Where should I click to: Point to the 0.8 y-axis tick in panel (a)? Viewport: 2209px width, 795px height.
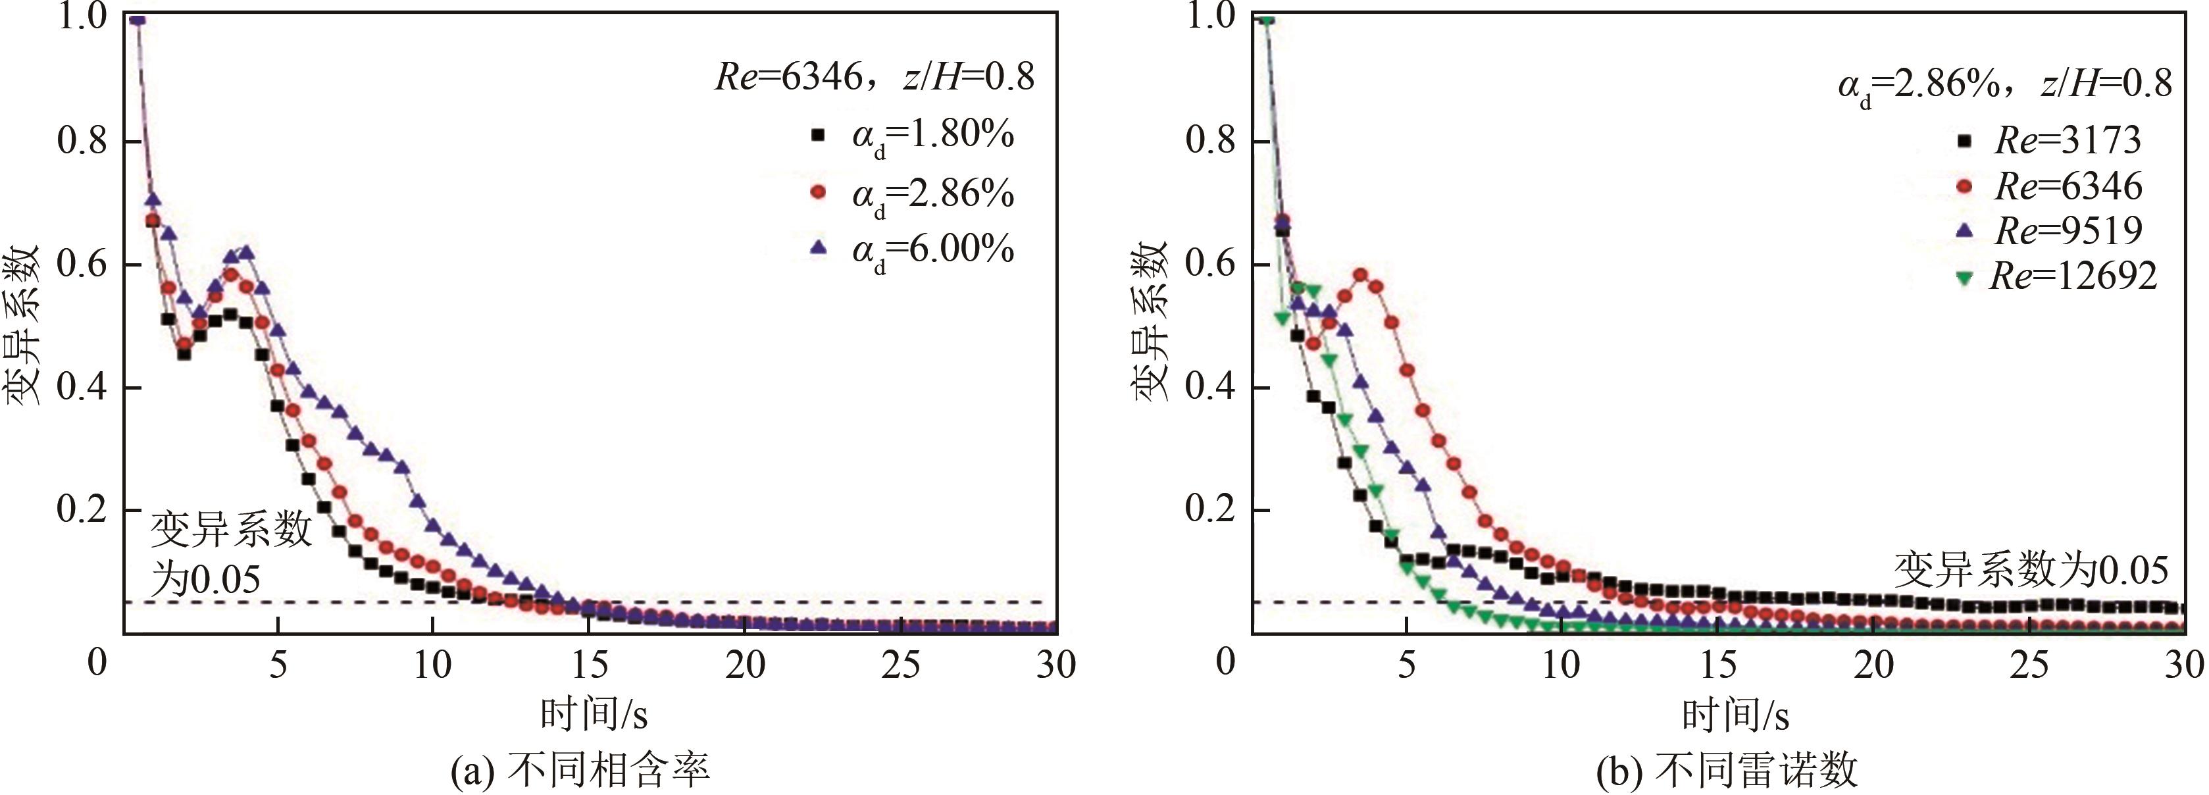82,141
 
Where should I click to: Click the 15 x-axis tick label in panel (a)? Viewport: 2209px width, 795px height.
589,665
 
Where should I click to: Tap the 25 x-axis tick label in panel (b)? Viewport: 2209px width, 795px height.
2029,665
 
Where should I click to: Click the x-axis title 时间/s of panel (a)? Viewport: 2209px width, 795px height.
594,713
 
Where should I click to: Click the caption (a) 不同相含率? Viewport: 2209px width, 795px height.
580,769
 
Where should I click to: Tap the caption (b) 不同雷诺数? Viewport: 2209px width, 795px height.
1726,769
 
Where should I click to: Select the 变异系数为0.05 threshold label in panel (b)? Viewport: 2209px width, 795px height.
2031,569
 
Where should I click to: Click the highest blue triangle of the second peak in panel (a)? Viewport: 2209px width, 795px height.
247,252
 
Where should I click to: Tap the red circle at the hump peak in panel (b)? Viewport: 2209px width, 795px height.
1360,275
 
